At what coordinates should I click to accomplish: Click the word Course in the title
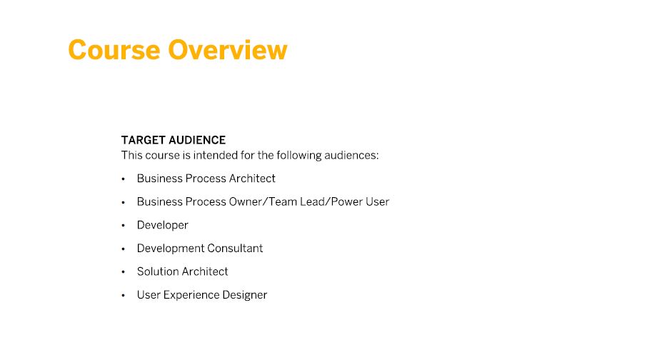click(114, 50)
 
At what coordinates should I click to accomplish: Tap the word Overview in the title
click(228, 50)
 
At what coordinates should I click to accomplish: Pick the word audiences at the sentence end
click(351, 156)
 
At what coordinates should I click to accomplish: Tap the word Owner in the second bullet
click(246, 201)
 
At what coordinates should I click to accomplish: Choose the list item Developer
click(163, 225)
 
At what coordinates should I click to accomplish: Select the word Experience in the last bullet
click(191, 295)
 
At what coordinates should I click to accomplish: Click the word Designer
click(244, 295)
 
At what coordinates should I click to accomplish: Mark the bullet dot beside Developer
click(123, 226)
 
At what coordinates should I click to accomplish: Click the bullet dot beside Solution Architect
click(123, 272)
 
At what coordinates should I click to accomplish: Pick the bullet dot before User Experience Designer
click(123, 296)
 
